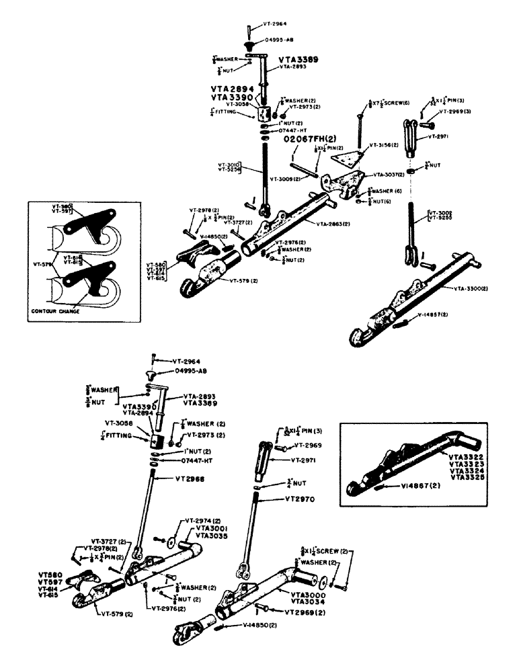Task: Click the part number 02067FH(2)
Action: coord(311,138)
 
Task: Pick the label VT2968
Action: coord(190,478)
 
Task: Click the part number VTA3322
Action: coord(463,456)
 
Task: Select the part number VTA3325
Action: coord(463,476)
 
